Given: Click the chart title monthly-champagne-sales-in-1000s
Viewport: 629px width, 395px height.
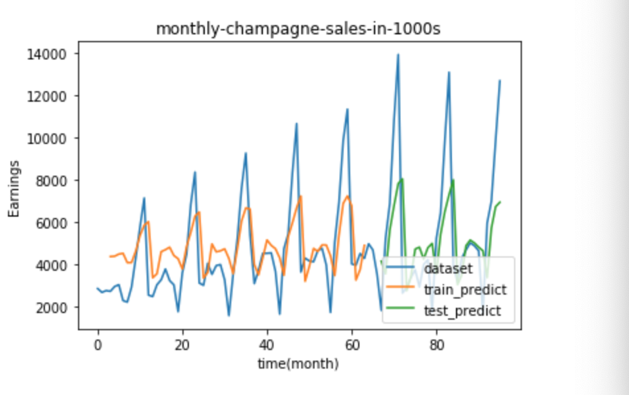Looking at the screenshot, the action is coord(298,29).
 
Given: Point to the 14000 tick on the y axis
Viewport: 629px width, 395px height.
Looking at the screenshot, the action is coord(46,54).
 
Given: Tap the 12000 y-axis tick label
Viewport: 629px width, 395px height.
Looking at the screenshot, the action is coord(46,96).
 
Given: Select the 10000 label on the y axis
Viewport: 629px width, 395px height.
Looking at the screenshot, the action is coord(46,139).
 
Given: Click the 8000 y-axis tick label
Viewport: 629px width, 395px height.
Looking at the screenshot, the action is coord(50,181).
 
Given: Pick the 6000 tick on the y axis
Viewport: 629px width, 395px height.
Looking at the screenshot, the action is coord(50,223).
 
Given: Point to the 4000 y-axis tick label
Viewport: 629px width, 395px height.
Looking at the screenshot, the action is coord(50,265).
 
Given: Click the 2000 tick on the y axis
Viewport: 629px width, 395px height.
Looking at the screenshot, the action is coord(50,308).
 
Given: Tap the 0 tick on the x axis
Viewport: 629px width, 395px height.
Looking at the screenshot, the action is coord(98,345).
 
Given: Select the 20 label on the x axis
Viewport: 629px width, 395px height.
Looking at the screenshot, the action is coord(182,345).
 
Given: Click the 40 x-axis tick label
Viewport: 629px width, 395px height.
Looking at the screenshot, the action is coord(267,345).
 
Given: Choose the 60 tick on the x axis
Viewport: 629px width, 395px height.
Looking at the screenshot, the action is coord(351,345).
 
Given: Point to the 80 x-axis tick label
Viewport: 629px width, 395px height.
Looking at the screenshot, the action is coord(437,345).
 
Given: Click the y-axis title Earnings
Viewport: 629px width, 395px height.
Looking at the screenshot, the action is coord(14,189).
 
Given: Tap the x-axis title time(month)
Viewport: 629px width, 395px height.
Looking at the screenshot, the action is coord(298,364).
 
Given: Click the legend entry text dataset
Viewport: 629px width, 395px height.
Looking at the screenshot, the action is coord(448,269).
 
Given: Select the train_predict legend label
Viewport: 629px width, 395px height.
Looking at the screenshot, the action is coord(465,290).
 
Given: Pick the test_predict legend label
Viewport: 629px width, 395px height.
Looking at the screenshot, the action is coord(462,311).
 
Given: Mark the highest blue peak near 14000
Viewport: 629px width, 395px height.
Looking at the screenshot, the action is coord(398,55).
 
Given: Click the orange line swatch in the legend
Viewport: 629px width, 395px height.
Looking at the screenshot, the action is coord(400,287).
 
